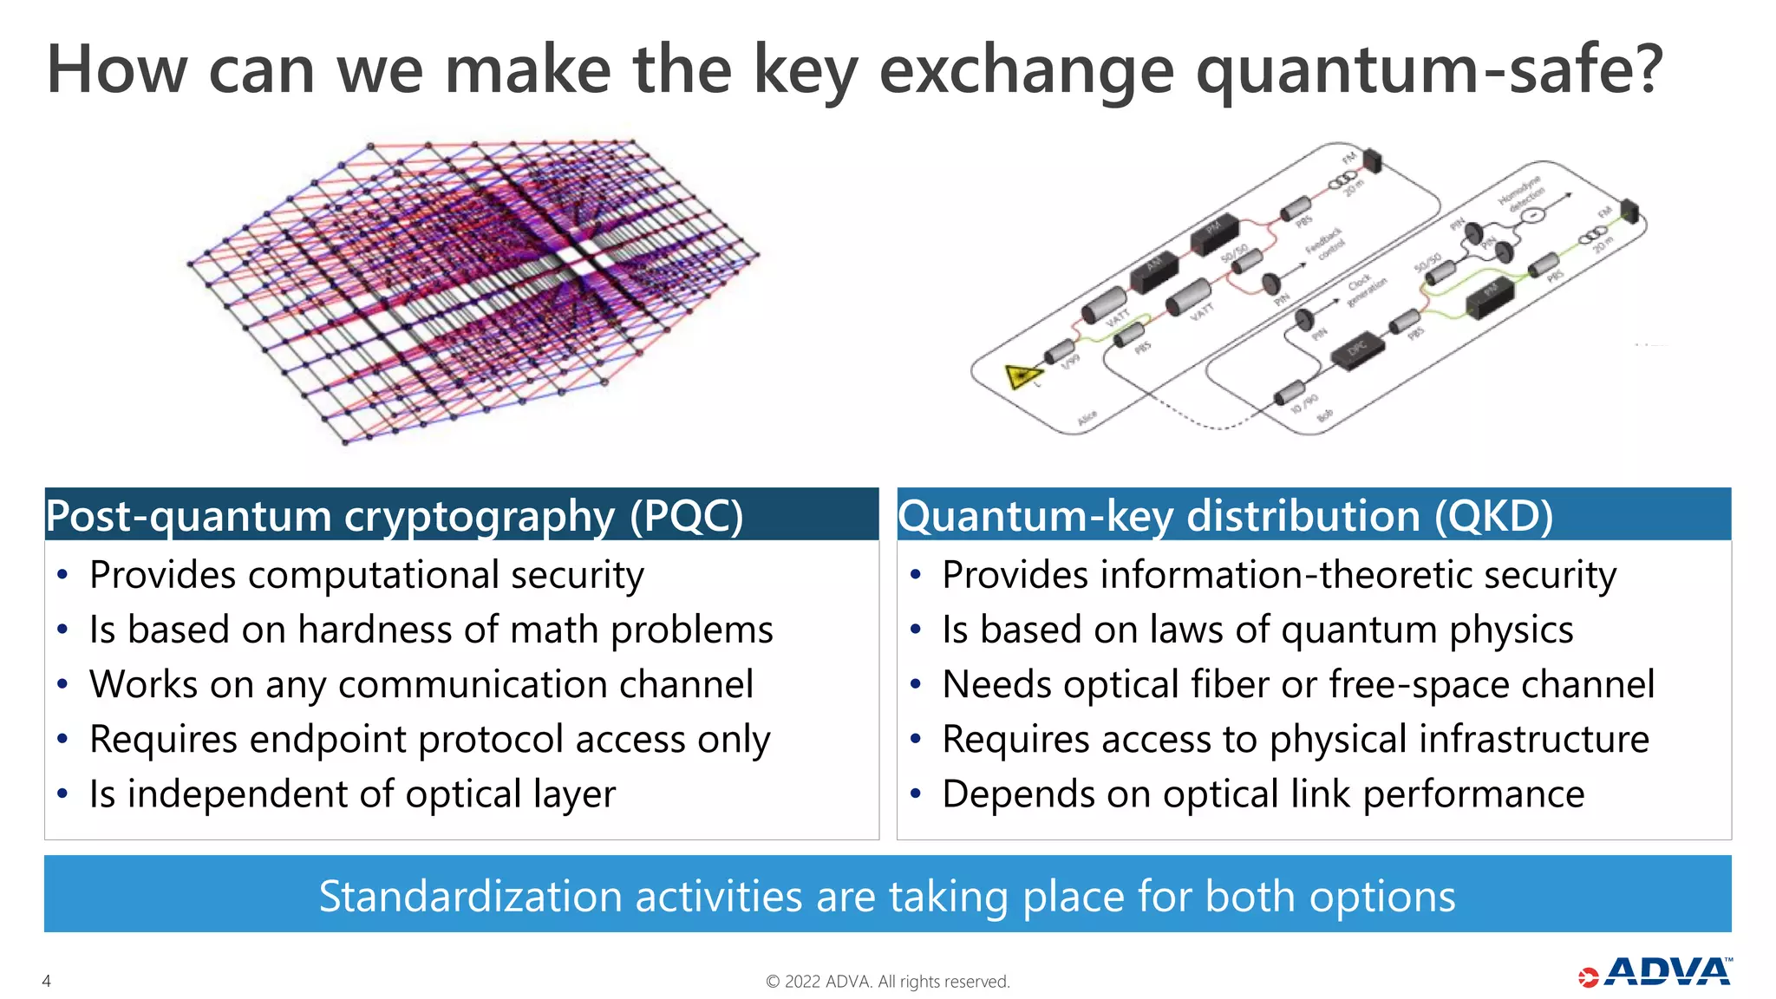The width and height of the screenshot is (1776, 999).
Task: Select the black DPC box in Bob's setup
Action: (1358, 349)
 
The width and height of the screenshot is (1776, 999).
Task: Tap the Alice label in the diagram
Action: (1087, 418)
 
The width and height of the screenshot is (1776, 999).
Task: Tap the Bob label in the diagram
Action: (1326, 416)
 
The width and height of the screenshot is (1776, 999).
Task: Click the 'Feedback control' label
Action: (1327, 242)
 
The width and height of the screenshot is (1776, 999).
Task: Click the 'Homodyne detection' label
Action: (1523, 193)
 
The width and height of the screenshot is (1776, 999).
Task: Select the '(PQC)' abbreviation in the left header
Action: (686, 516)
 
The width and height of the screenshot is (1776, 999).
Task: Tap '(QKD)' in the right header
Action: (1492, 516)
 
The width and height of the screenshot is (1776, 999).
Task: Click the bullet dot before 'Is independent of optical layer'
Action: (62, 793)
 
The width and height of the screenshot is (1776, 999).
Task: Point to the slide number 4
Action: (47, 981)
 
